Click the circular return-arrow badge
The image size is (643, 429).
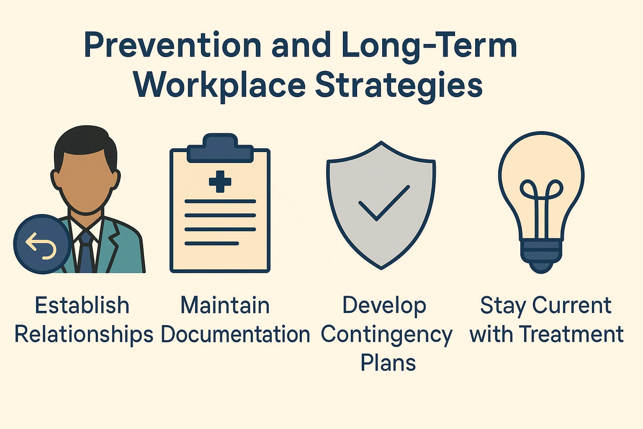(x=41, y=244)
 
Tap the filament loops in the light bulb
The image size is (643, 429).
(x=541, y=191)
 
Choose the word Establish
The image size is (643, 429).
(x=82, y=305)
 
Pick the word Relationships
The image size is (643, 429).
(x=84, y=334)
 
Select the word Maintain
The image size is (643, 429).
(x=225, y=305)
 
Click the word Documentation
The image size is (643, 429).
(x=235, y=334)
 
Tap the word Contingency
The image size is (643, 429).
(x=387, y=334)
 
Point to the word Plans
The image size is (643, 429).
(x=388, y=362)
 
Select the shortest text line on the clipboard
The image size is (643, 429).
(x=212, y=243)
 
